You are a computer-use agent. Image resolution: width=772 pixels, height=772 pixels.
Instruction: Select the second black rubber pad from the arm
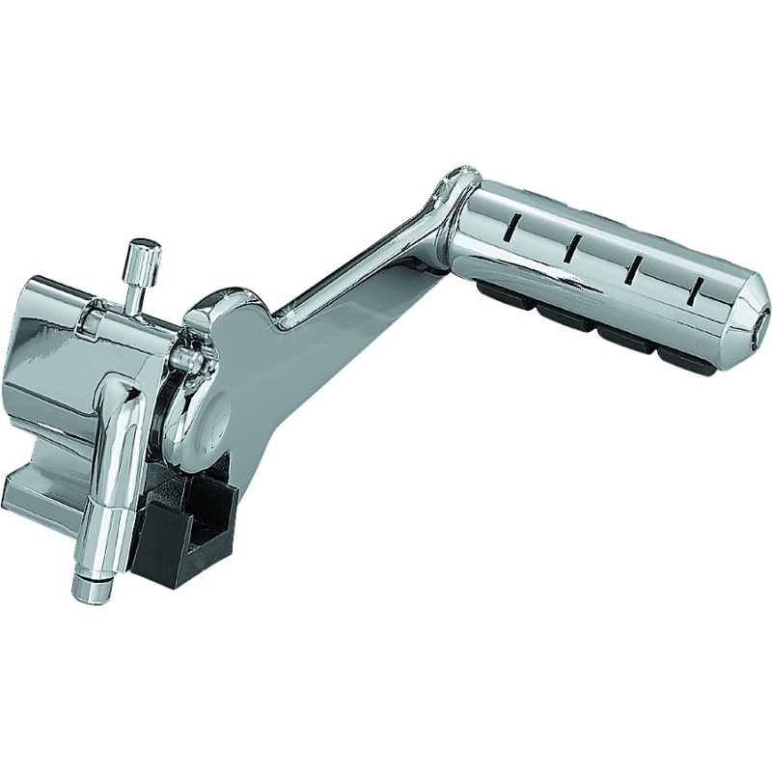click(562, 314)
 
